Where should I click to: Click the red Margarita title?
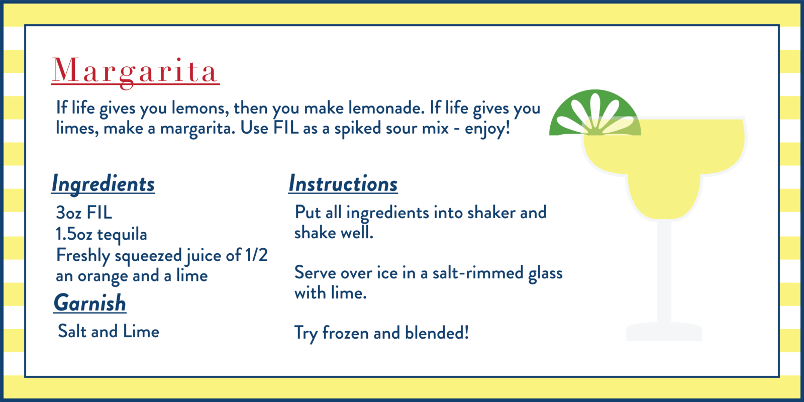pyautogui.click(x=135, y=72)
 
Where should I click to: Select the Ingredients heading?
pyautogui.click(x=103, y=184)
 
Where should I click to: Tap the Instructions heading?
pyautogui.click(x=343, y=184)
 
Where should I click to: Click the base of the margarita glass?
pyautogui.click(x=664, y=332)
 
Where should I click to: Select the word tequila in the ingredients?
pyautogui.click(x=122, y=235)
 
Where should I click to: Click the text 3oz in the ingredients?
pyautogui.click(x=68, y=213)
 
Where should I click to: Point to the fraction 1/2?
pyautogui.click(x=256, y=255)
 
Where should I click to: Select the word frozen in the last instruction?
pyautogui.click(x=345, y=333)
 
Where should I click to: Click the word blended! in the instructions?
pyautogui.click(x=437, y=332)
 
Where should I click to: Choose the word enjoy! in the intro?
pyautogui.click(x=487, y=129)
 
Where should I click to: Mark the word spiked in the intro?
pyautogui.click(x=358, y=129)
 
